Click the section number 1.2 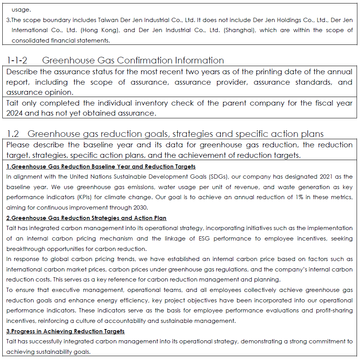(x=13, y=134)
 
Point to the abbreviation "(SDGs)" (x=220, y=177)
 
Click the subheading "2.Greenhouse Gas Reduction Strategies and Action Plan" (x=86, y=218)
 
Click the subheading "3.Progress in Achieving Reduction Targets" (x=65, y=331)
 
